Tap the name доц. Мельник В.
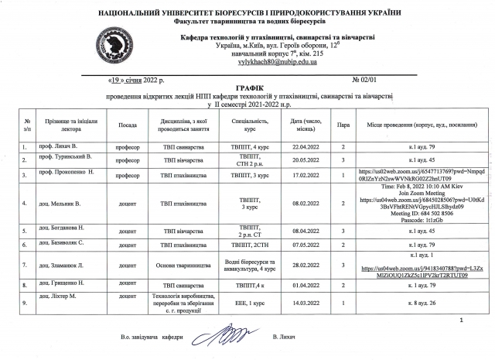[62, 204]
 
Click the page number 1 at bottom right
[461, 320]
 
